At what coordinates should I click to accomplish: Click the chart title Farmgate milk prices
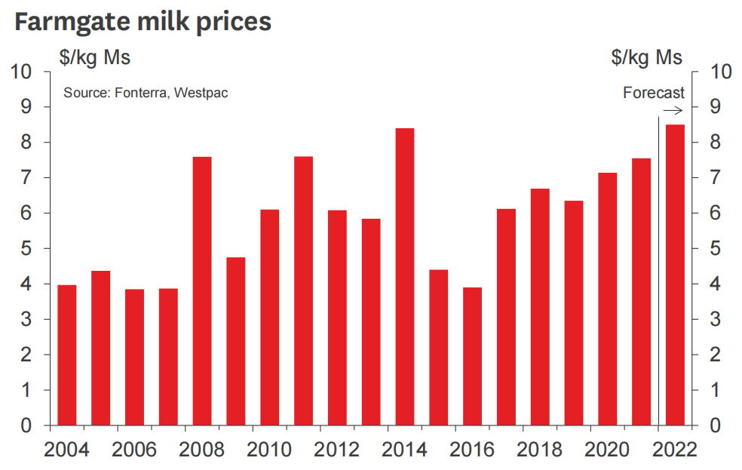click(x=143, y=22)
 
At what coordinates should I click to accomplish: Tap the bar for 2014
click(x=405, y=276)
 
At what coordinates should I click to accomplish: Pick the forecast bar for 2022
click(x=675, y=275)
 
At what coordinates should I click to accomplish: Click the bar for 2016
click(x=472, y=356)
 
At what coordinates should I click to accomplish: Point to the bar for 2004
click(x=67, y=355)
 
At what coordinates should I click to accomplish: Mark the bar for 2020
click(x=608, y=299)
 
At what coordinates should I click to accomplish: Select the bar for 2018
click(x=540, y=306)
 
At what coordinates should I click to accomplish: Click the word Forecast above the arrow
click(x=653, y=93)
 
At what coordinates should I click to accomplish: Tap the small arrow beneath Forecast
click(x=673, y=110)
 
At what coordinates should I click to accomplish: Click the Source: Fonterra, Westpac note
click(x=146, y=93)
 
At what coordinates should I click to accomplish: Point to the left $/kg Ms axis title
click(x=95, y=57)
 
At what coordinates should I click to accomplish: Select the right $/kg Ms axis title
click(x=646, y=57)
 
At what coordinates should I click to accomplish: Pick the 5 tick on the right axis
click(x=716, y=249)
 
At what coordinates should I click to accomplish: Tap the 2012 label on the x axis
click(x=337, y=450)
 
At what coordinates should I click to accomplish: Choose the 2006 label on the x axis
click(x=134, y=450)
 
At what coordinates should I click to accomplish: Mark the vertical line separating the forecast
click(x=658, y=272)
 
